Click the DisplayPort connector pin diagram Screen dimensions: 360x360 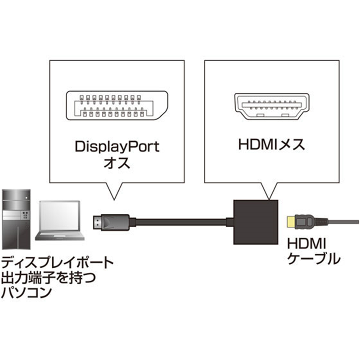(117, 107)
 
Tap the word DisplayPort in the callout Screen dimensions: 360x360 (117, 147)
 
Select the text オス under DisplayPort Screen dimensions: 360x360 (117, 162)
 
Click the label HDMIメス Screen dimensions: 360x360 (270, 145)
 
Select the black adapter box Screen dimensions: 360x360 (254, 222)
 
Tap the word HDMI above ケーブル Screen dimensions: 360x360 (305, 244)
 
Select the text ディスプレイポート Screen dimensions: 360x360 (57, 262)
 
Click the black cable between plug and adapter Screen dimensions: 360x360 (180, 221)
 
